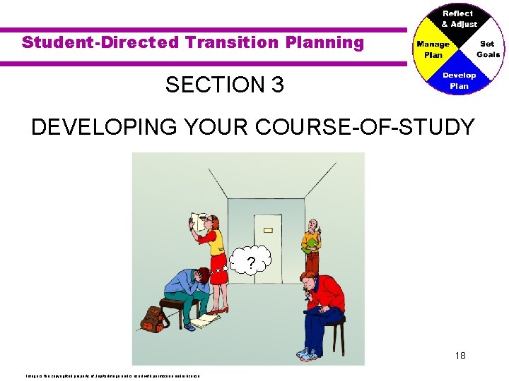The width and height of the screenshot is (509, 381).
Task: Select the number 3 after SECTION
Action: [x=276, y=85]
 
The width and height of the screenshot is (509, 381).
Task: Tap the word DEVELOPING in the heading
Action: [x=95, y=128]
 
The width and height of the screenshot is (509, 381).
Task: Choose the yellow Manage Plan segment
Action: [x=432, y=49]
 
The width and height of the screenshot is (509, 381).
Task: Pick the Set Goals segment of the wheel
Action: [x=487, y=49]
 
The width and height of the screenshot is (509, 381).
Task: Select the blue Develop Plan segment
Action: [x=460, y=80]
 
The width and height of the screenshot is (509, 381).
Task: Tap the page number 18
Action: [x=460, y=356]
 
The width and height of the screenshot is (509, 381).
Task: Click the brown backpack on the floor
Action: [x=153, y=318]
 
